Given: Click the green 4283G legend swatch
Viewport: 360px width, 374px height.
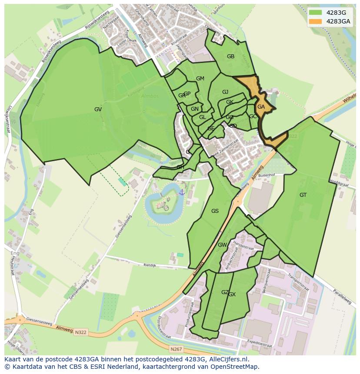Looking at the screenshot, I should pyautogui.click(x=316, y=13).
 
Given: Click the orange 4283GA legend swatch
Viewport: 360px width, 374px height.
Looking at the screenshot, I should pyautogui.click(x=316, y=21).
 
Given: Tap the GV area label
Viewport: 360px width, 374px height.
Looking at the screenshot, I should pyautogui.click(x=98, y=109).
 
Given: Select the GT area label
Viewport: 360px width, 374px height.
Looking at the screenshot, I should pyautogui.click(x=303, y=195).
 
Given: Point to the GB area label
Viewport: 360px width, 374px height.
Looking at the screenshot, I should pyautogui.click(x=230, y=56).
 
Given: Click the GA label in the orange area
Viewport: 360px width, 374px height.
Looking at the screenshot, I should pyautogui.click(x=261, y=107).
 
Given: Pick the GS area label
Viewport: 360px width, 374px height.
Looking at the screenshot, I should pyautogui.click(x=215, y=211).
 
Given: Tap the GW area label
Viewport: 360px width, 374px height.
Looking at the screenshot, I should pyautogui.click(x=222, y=245).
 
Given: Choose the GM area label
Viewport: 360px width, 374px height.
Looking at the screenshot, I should pyautogui.click(x=200, y=79).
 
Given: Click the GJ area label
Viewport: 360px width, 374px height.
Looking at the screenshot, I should pyautogui.click(x=225, y=92).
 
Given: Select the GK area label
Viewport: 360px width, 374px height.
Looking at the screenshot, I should pyautogui.click(x=230, y=102).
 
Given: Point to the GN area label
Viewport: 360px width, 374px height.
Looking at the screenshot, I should pyautogui.click(x=195, y=109).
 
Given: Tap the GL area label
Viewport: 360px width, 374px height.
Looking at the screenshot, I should pyautogui.click(x=203, y=117).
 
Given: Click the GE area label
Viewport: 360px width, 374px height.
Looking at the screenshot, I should pyautogui.click(x=211, y=129).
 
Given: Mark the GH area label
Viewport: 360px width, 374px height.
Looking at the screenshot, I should pyautogui.click(x=180, y=167).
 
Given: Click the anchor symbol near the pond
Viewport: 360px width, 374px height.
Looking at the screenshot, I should pyautogui.click(x=182, y=192).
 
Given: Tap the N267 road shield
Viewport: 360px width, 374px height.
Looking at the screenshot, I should pyautogui.click(x=176, y=349).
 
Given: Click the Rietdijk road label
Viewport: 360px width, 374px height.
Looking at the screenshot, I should pyautogui.click(x=150, y=264).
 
